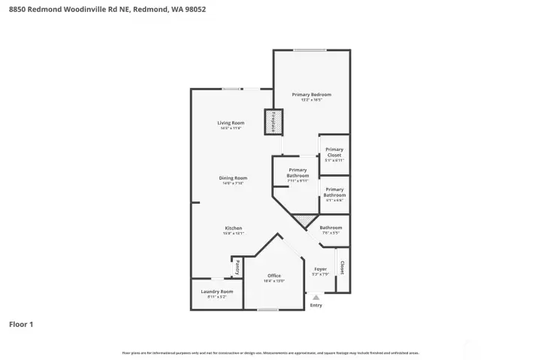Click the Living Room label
click(x=231, y=123)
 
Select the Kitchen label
click(x=233, y=228)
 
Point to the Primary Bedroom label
click(x=311, y=95)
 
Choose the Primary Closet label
click(x=334, y=152)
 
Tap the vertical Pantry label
click(x=237, y=267)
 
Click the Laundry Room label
click(x=216, y=292)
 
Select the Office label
click(x=274, y=276)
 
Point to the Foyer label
click(x=320, y=269)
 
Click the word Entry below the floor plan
click(x=316, y=305)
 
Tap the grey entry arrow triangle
click(x=316, y=298)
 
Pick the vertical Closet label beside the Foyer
click(x=343, y=268)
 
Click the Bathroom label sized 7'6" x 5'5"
click(x=331, y=228)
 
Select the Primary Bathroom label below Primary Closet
click(x=334, y=192)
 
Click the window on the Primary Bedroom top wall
click(x=309, y=50)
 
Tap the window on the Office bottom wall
click(x=268, y=309)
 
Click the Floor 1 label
click(x=21, y=325)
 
